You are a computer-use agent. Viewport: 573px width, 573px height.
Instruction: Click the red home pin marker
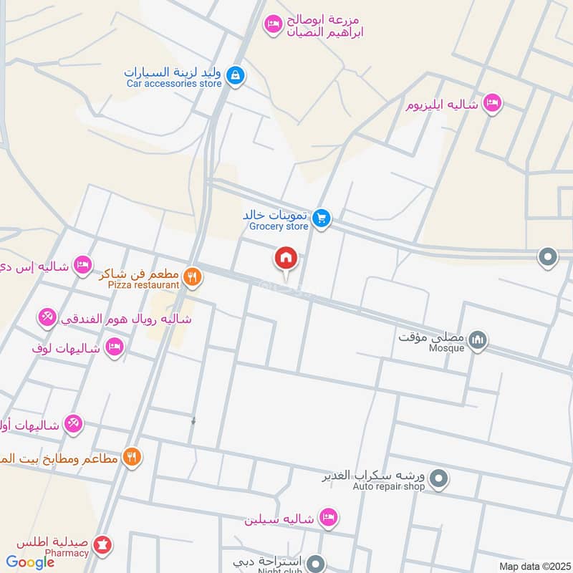pos(286,258)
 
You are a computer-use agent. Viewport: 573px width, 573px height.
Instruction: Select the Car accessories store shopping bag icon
pos(235,74)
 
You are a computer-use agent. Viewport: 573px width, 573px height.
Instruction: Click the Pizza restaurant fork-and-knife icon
pos(191,276)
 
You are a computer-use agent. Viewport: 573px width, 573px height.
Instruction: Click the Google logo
pos(30,562)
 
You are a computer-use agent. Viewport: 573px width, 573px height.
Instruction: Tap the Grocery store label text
pos(279,226)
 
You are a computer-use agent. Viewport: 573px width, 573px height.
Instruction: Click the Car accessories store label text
pos(175,84)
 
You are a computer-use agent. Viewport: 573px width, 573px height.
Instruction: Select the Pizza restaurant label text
pos(143,284)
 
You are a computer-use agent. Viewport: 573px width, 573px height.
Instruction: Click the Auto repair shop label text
pos(388,486)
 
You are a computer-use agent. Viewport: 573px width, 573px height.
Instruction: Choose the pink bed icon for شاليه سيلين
pos(328,517)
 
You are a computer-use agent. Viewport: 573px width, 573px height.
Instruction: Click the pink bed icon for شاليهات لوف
pos(113,348)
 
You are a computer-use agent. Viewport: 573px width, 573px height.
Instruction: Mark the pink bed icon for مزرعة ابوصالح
pos(272,25)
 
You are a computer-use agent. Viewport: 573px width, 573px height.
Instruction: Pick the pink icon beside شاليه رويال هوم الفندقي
pos(47,317)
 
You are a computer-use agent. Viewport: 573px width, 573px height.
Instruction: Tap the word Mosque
pos(446,348)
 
